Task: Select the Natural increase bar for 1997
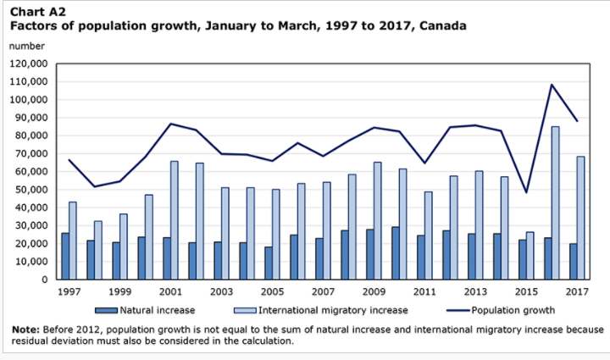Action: (x=65, y=256)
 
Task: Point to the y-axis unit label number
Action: (x=26, y=46)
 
